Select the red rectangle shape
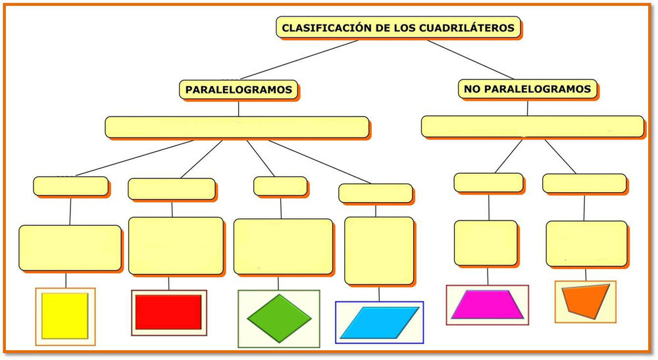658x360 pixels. pos(168,312)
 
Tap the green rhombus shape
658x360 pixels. pos(279,318)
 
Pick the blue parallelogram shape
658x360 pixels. pos(379,322)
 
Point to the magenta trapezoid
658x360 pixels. pos(487,305)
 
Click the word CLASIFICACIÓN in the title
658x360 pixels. pos(321,28)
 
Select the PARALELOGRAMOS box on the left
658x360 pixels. pos(239,90)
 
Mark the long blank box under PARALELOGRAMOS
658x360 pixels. pos(238,127)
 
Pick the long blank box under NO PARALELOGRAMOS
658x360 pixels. pos(532,126)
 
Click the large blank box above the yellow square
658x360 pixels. pos(70,247)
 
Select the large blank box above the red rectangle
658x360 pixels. pos(175,245)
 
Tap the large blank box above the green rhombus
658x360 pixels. pos(283,246)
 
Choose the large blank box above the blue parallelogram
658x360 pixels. pos(379,250)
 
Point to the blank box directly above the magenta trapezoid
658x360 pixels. pos(486,243)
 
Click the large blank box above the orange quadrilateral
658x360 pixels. pos(586,243)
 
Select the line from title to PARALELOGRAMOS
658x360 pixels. pos(299,59)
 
